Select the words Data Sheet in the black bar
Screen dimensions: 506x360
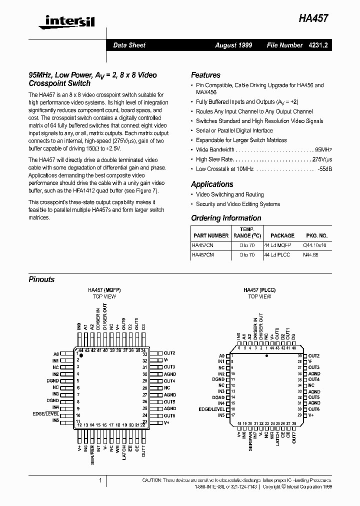coord(129,45)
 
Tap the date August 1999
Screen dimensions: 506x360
coord(233,45)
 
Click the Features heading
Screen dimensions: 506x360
coord(205,75)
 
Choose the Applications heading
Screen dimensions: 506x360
coord(212,184)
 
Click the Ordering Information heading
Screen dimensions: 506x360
coord(226,218)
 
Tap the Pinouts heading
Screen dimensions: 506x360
coord(41,279)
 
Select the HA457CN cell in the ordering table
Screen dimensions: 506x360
coord(202,245)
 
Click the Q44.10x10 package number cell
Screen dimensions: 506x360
coord(315,245)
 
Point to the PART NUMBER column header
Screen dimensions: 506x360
coord(210,235)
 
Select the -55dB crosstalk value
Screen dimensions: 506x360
coord(325,169)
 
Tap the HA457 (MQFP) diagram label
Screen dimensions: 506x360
coord(104,290)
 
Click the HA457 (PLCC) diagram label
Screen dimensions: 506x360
coord(259,290)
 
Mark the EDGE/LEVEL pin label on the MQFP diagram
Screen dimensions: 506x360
coord(45,414)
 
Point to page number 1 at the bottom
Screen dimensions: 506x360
coord(100,480)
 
